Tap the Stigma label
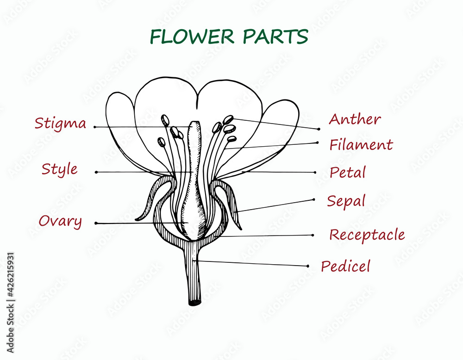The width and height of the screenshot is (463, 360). pos(60,124)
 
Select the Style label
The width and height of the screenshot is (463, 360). pos(59,169)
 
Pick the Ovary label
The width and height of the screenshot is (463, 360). pos(60,221)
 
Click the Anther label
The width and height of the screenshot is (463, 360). pos(355,119)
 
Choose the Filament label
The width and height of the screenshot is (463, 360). pos(361,145)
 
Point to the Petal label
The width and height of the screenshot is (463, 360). pos(348,173)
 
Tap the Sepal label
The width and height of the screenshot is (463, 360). pos(346,201)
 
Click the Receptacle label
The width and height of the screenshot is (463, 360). pos(367,235)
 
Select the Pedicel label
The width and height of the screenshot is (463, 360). pos(345,266)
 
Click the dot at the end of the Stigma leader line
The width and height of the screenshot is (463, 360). pos(95,127)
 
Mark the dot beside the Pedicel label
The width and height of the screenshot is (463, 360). pos(308,266)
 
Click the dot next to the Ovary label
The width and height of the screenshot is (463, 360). pos(96,223)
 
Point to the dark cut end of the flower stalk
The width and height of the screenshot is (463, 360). pos(195,303)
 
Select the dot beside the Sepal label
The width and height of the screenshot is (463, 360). pos(314,199)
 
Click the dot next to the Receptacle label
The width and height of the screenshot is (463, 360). pos(313,235)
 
